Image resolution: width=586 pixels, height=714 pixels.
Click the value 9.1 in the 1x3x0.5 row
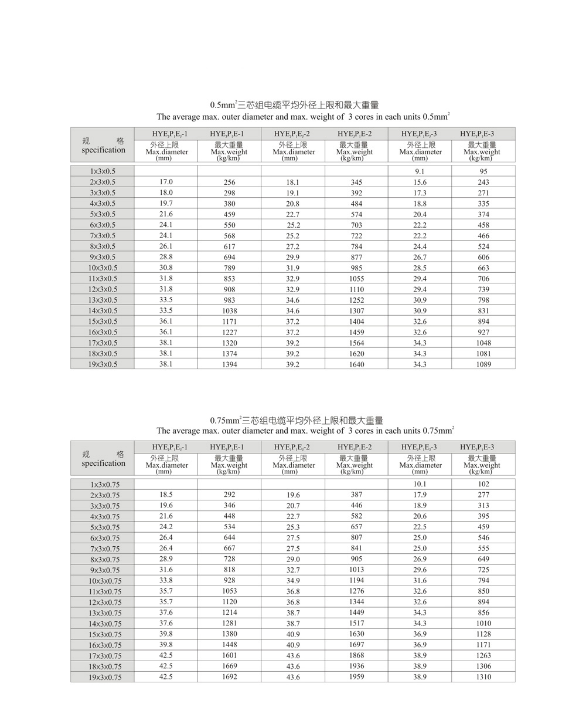coord(420,171)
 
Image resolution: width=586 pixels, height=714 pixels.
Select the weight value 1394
coord(229,364)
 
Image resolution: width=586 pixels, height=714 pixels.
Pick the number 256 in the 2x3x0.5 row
coord(229,182)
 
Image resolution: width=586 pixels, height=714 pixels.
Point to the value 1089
coord(483,364)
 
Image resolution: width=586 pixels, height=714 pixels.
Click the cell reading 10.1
coord(420,484)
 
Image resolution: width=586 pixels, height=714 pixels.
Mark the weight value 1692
coord(229,676)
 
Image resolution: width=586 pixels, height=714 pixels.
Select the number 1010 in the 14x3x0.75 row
coord(483,623)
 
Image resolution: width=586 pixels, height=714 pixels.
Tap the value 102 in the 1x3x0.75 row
coord(483,484)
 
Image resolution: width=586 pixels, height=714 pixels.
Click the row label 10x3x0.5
coord(103,268)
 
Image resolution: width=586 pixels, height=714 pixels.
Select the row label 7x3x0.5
coord(103,235)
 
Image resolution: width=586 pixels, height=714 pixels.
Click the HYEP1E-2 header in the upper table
coord(355,134)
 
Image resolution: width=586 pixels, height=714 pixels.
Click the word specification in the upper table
coord(103,150)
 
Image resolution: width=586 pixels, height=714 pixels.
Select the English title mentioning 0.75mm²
coord(305,431)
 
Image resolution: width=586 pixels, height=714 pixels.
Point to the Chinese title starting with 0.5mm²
coord(295,105)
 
